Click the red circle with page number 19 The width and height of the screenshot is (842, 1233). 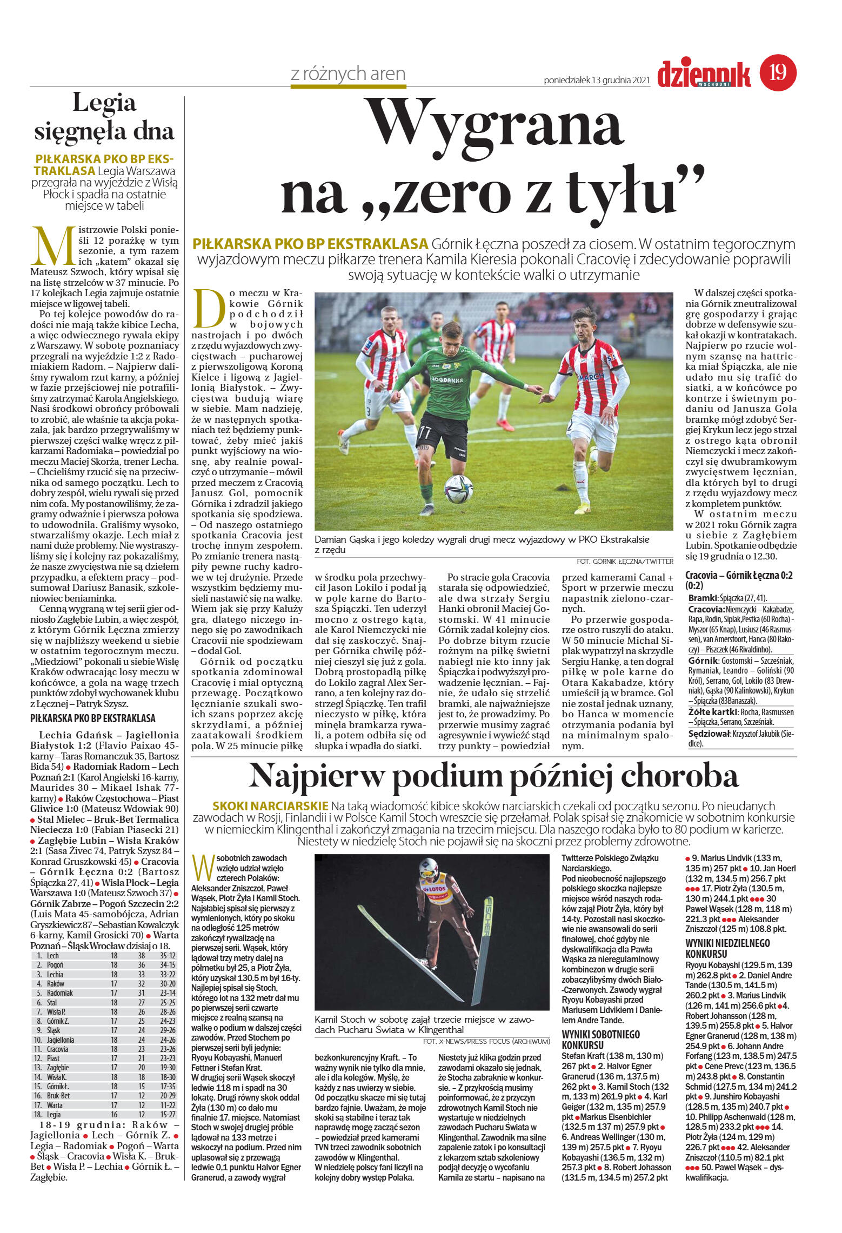tap(778, 72)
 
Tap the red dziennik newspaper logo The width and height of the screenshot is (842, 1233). tap(704, 75)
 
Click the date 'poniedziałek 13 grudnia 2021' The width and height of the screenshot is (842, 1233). tap(597, 81)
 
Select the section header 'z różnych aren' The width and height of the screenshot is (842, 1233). tap(348, 74)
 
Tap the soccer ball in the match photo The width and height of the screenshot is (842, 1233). tap(458, 489)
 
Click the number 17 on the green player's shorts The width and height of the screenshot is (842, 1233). tap(425, 432)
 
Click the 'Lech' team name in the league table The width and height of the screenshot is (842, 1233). tap(53, 956)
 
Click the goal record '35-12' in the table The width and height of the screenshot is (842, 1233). tap(168, 956)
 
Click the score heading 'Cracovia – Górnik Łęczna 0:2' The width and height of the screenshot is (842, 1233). tap(739, 580)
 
